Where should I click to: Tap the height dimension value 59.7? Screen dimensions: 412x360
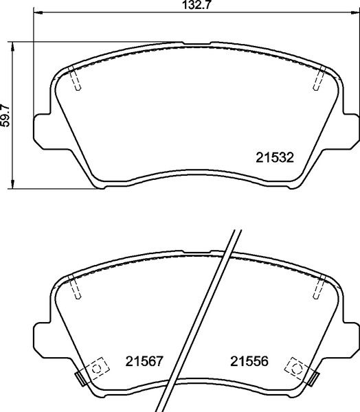pos(6,115)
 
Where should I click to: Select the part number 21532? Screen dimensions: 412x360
pos(275,157)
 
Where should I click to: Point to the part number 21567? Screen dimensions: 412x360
pos(144,361)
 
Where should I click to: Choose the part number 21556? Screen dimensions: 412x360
pos(249,361)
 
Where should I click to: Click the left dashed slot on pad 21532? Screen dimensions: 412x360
pos(76,81)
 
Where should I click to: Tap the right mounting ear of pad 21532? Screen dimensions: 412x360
pos(351,130)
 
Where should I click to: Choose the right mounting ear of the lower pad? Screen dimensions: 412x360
pos(351,336)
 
